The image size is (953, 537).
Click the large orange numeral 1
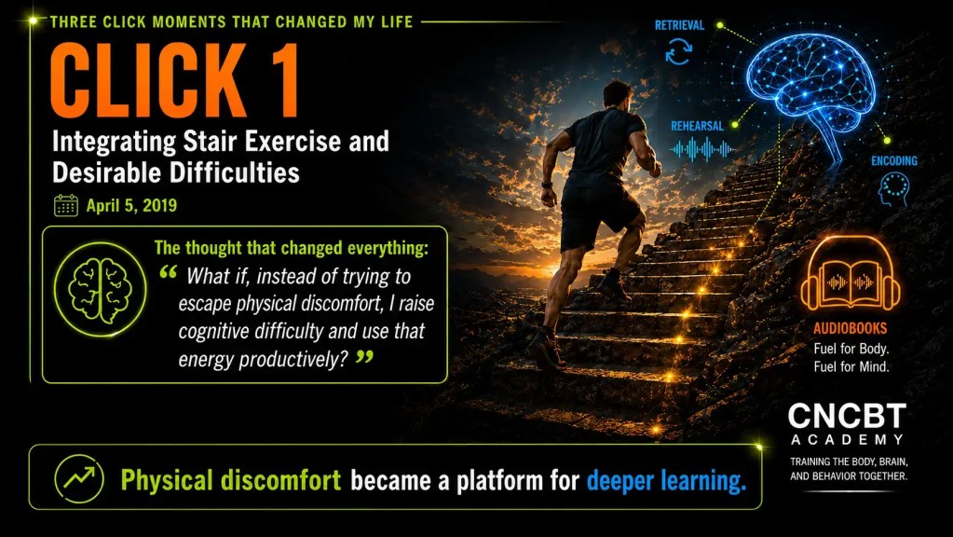(280, 80)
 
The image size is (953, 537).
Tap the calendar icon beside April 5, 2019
(65, 205)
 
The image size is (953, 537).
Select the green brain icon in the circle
(101, 290)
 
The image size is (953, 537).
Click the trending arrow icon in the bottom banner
(79, 478)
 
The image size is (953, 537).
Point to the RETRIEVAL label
(679, 25)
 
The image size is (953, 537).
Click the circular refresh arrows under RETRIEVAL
(678, 51)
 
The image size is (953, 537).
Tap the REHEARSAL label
(697, 126)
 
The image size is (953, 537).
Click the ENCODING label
(894, 160)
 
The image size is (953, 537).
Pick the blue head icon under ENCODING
(893, 188)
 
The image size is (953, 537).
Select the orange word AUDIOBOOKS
(851, 328)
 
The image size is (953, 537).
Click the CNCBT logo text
(847, 416)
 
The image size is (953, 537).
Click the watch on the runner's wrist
(547, 184)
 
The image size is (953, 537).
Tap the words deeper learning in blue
(666, 480)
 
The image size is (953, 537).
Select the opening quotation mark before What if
(169, 272)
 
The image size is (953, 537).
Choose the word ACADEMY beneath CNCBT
(847, 439)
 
